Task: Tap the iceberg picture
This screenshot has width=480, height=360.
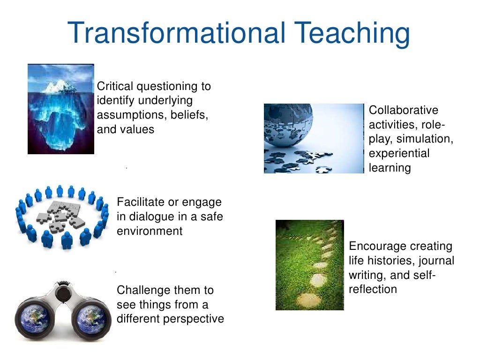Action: [x=61, y=109]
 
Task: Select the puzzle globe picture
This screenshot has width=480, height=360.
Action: [x=314, y=138]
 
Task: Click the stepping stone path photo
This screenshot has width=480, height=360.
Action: [x=309, y=265]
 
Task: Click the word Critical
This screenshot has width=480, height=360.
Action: [x=115, y=86]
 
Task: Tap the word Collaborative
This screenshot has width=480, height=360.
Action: [x=404, y=110]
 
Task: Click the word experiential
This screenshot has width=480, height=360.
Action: [x=399, y=153]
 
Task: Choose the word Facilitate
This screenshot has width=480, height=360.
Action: [x=141, y=202]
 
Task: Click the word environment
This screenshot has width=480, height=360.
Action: [x=150, y=231]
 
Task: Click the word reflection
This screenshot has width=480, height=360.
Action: [x=373, y=289]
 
